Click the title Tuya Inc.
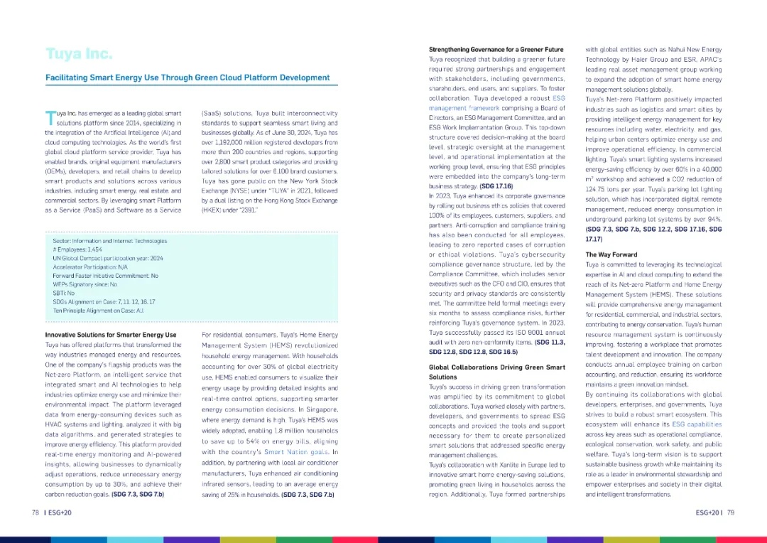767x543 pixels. [x=79, y=55]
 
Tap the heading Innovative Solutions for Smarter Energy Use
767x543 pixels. [x=111, y=335]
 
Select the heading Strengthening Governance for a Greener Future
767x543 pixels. [x=496, y=50]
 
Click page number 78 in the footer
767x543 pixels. [x=35, y=512]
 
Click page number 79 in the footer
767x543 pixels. [x=730, y=512]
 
